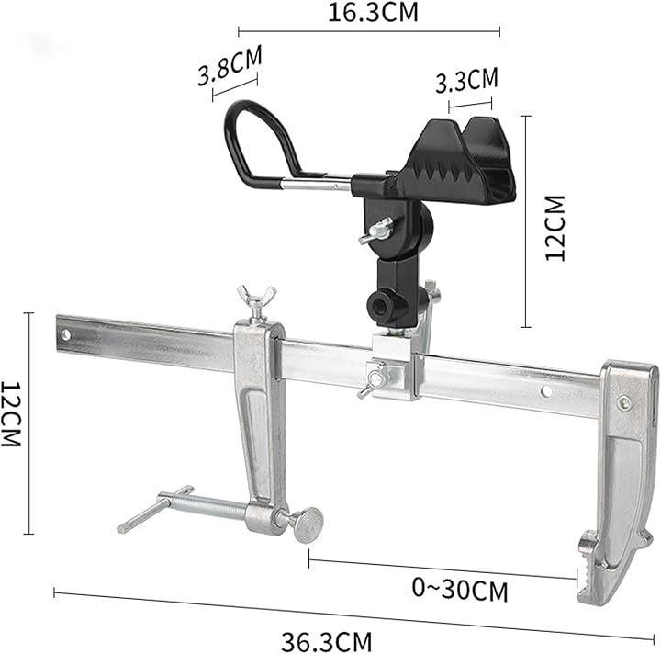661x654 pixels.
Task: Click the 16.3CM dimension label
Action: coord(373,12)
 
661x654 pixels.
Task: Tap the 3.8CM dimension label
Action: coord(230,65)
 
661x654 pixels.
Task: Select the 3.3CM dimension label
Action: coord(466,80)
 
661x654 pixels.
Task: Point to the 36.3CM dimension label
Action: coord(327,641)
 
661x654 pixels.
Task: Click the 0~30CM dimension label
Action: coord(460,589)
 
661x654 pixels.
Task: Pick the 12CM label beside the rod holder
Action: coord(555,228)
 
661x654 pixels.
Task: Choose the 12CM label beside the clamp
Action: coord(10,414)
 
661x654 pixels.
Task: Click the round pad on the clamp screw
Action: coord(308,525)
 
